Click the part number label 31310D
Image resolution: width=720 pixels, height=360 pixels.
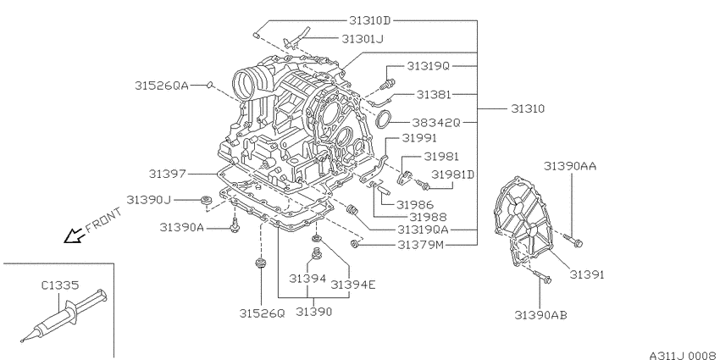click(369, 20)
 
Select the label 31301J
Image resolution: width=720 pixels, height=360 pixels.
click(363, 39)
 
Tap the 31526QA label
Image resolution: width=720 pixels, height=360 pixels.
click(162, 86)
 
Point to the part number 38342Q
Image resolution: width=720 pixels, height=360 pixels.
click(435, 123)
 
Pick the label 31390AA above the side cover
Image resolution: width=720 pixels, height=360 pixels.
click(570, 166)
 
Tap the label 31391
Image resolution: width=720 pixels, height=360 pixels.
click(587, 274)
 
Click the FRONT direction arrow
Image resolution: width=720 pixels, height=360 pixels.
click(74, 236)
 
